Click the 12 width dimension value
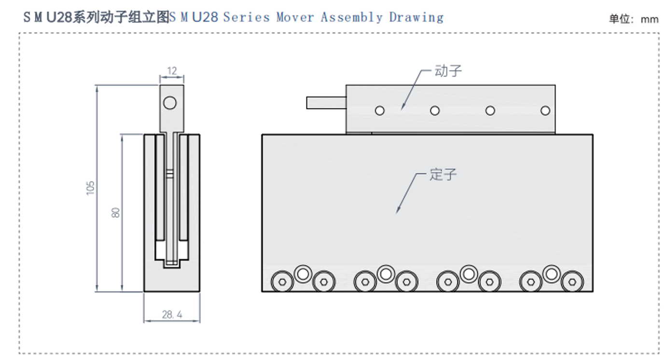[172, 71]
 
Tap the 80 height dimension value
[116, 212]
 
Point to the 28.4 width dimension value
[172, 315]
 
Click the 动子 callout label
[448, 71]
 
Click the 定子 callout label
[443, 174]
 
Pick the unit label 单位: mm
[633, 19]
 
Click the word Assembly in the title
[352, 17]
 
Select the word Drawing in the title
[416, 17]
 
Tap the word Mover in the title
[295, 17]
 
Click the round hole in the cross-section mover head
[170, 102]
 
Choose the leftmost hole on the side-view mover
[380, 111]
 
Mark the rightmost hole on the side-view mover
[545, 111]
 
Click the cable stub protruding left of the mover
[326, 102]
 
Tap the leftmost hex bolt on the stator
[282, 282]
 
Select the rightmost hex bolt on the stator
[571, 282]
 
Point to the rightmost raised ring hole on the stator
[551, 274]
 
